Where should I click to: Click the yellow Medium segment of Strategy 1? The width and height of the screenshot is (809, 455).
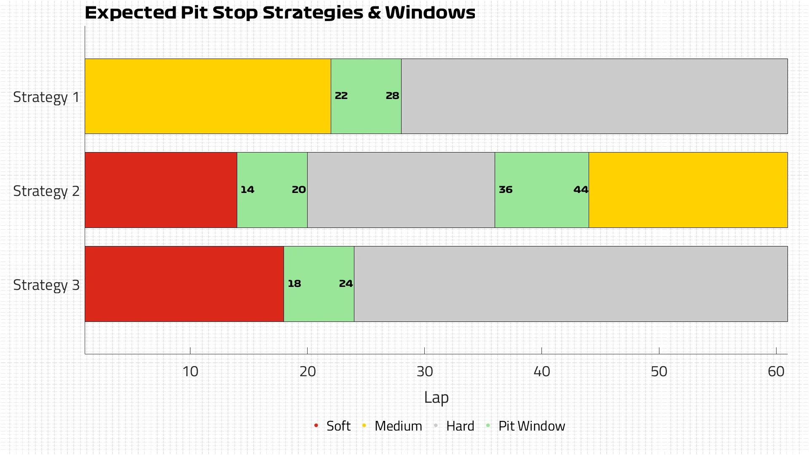(x=208, y=96)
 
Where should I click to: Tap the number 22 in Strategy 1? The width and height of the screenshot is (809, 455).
(x=341, y=96)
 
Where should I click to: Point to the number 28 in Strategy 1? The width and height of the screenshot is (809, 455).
(x=392, y=96)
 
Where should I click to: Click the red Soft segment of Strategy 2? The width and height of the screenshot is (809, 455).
(x=161, y=190)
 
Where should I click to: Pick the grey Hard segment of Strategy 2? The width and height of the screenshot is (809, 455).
(x=401, y=190)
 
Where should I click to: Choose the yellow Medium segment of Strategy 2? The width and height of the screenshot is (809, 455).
(x=688, y=190)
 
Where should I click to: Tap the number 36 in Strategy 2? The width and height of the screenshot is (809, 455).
(x=505, y=190)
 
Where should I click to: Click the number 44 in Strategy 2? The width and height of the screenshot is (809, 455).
(x=580, y=190)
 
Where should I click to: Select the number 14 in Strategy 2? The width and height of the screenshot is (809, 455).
(x=247, y=190)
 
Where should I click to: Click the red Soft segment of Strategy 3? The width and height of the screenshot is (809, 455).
(x=184, y=284)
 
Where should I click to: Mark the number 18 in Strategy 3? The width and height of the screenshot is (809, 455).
(x=294, y=284)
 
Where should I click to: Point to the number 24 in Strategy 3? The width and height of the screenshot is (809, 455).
(x=346, y=284)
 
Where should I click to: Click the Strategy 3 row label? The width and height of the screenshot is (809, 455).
(x=46, y=285)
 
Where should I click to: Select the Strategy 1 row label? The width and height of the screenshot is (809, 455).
(x=46, y=97)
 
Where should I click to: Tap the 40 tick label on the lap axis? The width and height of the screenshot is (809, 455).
(x=541, y=372)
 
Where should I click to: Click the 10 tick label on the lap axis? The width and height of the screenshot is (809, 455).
(x=190, y=372)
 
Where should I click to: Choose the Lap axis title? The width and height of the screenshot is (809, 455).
(x=436, y=398)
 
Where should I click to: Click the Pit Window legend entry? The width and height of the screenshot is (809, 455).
(x=531, y=426)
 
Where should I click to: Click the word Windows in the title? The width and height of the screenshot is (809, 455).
(x=430, y=13)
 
